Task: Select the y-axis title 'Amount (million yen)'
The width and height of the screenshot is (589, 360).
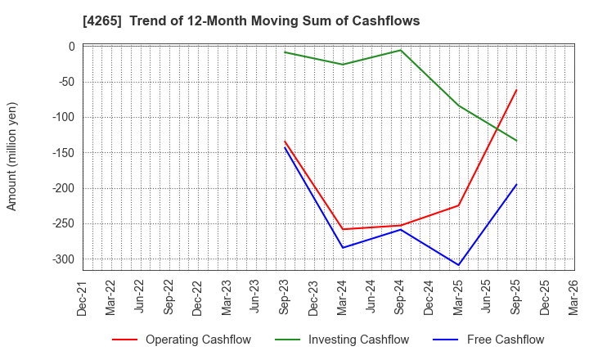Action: click(x=12, y=156)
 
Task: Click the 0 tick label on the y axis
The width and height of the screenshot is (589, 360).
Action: click(x=71, y=47)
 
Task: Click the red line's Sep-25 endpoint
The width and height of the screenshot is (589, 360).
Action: click(x=516, y=90)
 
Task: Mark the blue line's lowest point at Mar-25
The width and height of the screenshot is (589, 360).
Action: click(x=458, y=265)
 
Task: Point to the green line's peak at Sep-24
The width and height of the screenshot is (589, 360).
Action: click(x=401, y=50)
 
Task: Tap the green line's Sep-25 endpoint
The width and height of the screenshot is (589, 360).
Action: click(x=516, y=141)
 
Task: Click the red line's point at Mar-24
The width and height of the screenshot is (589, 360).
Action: click(x=343, y=229)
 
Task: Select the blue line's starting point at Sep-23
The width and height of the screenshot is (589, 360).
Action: click(x=285, y=147)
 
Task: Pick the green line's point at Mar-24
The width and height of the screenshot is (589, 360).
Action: click(x=343, y=65)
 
